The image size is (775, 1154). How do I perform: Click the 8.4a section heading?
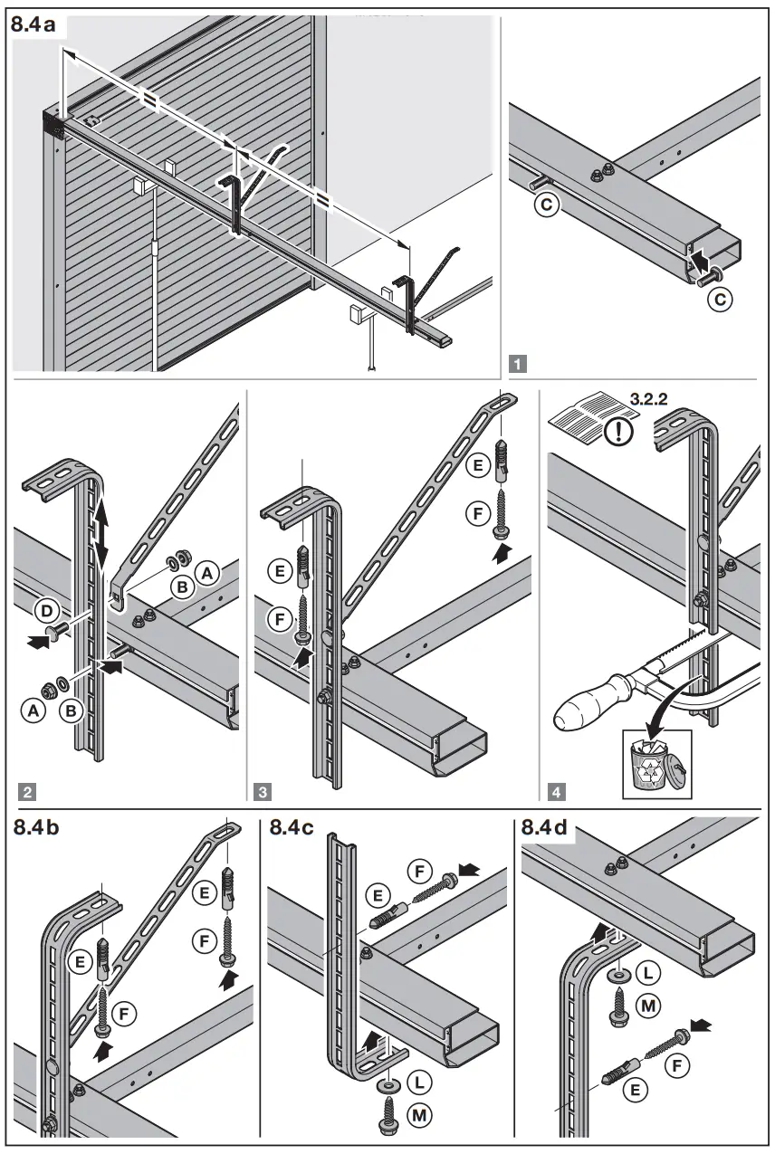33,25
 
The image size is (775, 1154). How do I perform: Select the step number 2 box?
28,792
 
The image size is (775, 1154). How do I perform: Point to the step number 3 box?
263,792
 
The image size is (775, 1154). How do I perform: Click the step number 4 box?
555,792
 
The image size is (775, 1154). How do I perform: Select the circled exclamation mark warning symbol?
620,430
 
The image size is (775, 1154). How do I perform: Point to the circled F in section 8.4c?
418,873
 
